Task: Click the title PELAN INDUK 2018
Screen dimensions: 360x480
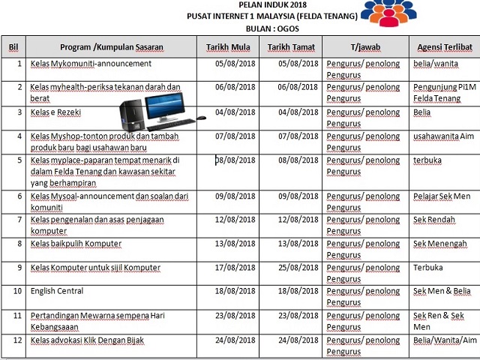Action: point(262,5)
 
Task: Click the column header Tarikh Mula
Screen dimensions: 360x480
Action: point(229,47)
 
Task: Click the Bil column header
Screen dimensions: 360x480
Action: point(13,47)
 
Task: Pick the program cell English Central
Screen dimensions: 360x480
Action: point(57,291)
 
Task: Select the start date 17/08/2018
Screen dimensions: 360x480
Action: point(235,268)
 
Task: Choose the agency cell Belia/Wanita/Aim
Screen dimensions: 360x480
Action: point(445,340)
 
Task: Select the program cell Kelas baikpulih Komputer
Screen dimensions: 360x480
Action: point(76,244)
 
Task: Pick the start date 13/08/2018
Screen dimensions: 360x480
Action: point(235,244)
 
